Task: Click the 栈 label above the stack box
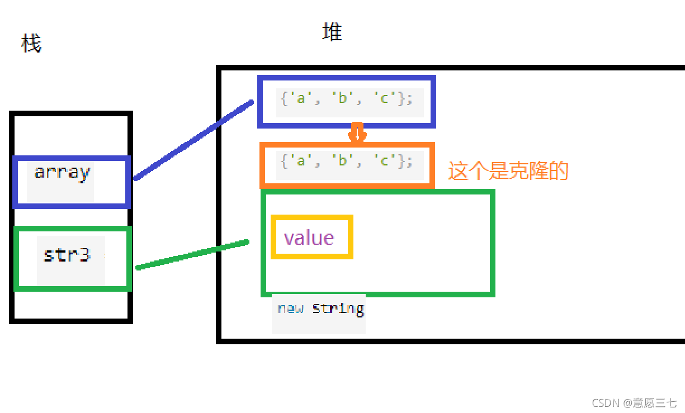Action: (31, 43)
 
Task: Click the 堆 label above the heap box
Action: (332, 32)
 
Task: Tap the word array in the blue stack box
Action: (62, 172)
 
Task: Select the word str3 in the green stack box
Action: (67, 255)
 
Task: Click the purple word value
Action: (309, 238)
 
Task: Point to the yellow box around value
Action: (311, 218)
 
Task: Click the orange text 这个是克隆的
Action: (508, 170)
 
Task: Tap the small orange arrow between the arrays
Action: (357, 133)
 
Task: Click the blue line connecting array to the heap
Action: (193, 140)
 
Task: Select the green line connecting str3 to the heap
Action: (193, 255)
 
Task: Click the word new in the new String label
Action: (291, 308)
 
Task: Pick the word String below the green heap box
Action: (338, 308)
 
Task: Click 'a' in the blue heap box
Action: (301, 98)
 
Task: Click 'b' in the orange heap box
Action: (343, 161)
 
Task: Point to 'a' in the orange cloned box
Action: (301, 161)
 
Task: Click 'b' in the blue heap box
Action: (343, 98)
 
